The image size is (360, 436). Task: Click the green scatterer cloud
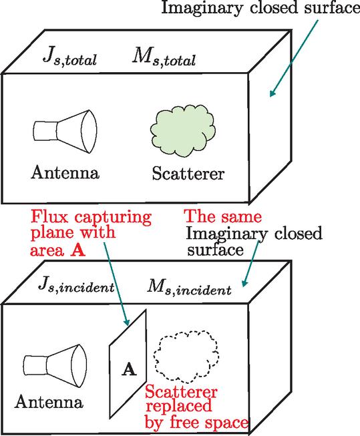(x=183, y=130)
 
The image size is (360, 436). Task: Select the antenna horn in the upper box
(x=65, y=132)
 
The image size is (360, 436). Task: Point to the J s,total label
(x=69, y=57)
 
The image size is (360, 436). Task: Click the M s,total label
(x=164, y=57)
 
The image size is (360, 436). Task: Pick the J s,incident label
(x=76, y=285)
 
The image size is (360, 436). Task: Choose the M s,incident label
(x=189, y=287)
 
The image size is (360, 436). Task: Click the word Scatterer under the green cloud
(x=188, y=174)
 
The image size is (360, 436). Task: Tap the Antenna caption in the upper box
(x=65, y=172)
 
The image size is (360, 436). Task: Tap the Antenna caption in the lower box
(x=49, y=402)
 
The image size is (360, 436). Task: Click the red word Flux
(x=49, y=216)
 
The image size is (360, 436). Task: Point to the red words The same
(x=223, y=216)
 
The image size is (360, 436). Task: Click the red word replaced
(x=179, y=407)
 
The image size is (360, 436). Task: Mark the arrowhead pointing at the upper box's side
(x=272, y=93)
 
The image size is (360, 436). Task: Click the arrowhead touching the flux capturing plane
(x=127, y=322)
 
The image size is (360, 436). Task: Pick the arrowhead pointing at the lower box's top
(x=245, y=282)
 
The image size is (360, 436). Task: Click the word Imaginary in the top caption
(x=202, y=8)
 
